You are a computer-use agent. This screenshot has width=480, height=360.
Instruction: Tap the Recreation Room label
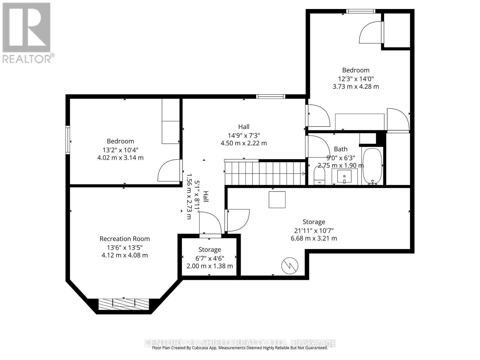124,239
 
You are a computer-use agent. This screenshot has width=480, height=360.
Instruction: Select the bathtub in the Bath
372,166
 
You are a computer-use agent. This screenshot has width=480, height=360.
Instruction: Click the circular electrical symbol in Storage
290,265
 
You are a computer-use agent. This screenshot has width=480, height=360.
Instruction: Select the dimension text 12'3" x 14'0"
356,79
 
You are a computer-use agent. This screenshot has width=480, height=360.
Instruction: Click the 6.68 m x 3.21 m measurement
314,238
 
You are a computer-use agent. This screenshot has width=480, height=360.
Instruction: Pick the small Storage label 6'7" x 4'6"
210,258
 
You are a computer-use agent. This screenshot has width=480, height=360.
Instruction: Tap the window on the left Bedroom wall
68,140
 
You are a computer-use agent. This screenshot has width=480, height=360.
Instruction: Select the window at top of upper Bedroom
360,11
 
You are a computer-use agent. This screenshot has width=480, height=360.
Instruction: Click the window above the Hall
270,96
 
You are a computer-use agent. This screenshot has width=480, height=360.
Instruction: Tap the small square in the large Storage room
277,199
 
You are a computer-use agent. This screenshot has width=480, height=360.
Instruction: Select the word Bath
340,149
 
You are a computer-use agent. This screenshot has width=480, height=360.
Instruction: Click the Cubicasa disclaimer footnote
240,348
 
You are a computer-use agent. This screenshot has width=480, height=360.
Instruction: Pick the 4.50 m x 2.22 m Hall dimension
244,143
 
